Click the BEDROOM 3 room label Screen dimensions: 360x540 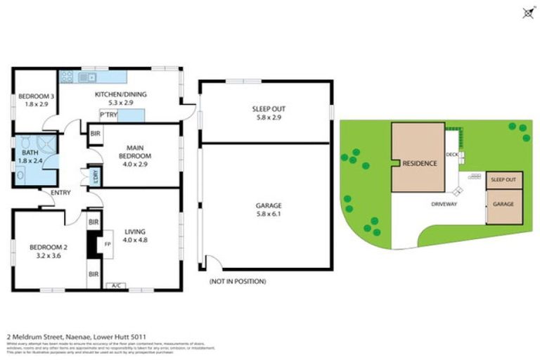pos(32,96)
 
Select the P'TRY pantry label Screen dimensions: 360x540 pos(108,115)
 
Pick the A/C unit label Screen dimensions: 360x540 pos(113,285)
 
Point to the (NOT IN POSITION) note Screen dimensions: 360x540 pos(238,281)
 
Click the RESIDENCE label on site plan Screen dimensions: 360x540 pos(420,163)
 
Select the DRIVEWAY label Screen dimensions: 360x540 pos(444,204)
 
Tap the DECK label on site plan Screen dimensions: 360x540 pos(451,157)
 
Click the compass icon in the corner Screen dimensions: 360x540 pos(527,12)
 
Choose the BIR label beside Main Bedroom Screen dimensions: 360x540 pos(94,132)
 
